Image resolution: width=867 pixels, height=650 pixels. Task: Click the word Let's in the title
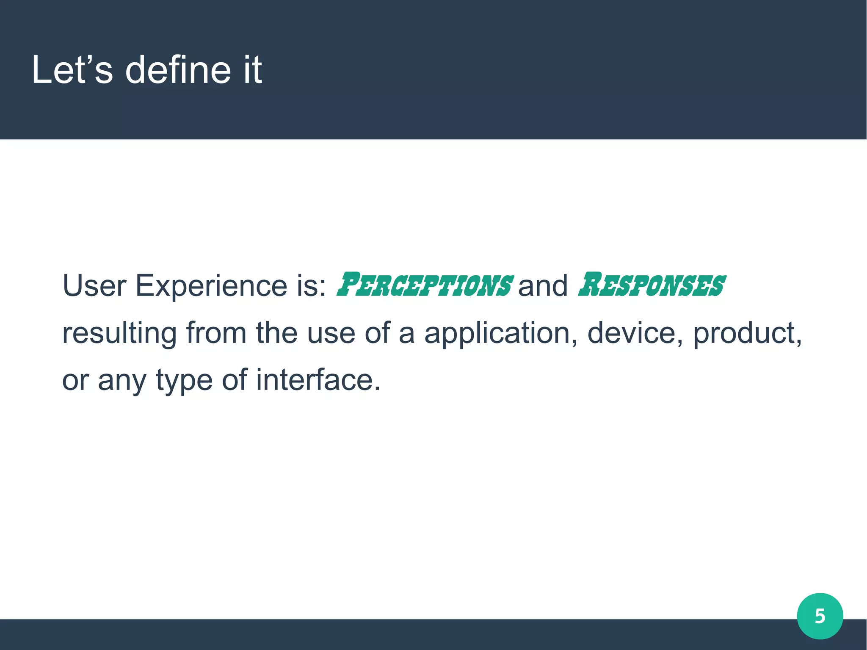coord(72,70)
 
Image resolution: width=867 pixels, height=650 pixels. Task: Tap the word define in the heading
coord(178,70)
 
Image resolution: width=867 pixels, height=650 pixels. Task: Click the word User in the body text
coord(94,285)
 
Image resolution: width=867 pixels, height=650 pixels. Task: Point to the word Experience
coord(211,285)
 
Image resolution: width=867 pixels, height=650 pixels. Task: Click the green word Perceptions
coord(425,285)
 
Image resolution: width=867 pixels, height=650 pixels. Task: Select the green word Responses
coord(652,285)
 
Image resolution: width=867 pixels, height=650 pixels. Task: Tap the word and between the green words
coord(542,286)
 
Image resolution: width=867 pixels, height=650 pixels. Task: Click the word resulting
coord(119,333)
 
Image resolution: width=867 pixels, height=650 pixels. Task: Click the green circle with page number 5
coord(820,616)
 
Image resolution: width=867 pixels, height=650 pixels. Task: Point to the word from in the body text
coord(216,333)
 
